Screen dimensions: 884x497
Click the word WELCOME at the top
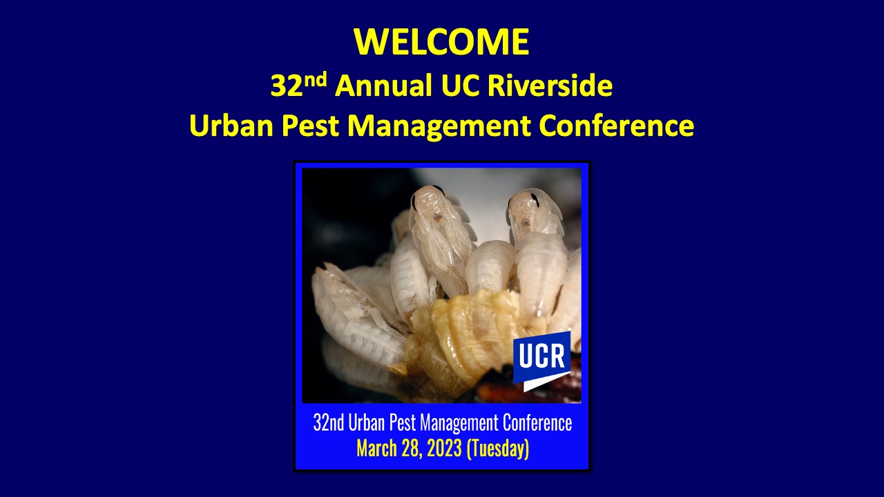point(441,41)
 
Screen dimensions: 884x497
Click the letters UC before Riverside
point(460,86)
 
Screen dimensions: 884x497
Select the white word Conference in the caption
point(537,423)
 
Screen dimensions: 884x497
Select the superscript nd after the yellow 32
point(316,80)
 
